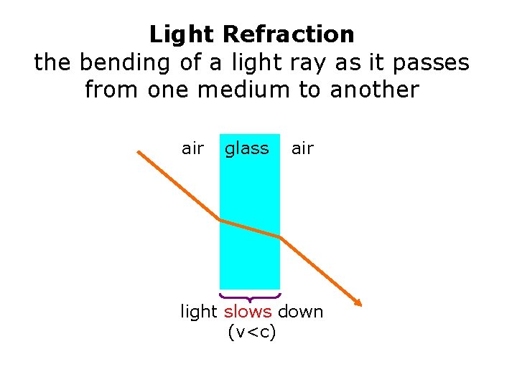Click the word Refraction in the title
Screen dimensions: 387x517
tap(289, 34)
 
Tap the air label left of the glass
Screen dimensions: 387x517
tap(192, 148)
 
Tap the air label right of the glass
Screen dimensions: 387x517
tap(302, 148)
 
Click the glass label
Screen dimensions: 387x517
tap(247, 148)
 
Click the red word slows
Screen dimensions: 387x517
tap(248, 312)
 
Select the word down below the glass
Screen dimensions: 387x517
tap(300, 312)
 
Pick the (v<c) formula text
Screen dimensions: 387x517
tap(251, 333)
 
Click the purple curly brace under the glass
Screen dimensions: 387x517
tap(249, 296)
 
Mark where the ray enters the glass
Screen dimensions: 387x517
tap(220, 220)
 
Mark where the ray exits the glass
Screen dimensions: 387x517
tap(279, 237)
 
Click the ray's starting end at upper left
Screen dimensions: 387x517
tap(139, 152)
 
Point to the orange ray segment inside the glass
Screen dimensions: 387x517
tap(249, 229)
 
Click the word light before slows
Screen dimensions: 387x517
tap(199, 312)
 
